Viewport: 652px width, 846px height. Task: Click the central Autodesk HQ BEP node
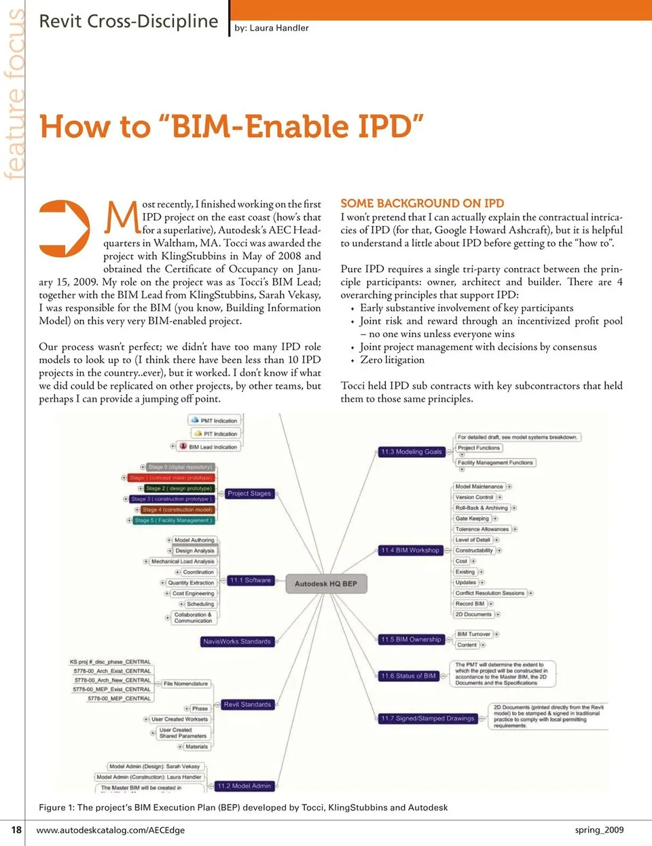pyautogui.click(x=325, y=583)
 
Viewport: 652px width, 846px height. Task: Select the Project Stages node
pyautogui.click(x=249, y=494)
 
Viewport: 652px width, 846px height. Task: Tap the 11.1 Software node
pyautogui.click(x=251, y=581)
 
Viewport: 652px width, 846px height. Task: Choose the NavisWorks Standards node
pyautogui.click(x=236, y=641)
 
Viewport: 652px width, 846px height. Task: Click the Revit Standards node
pyautogui.click(x=247, y=705)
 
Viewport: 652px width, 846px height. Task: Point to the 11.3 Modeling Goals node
pyautogui.click(x=411, y=452)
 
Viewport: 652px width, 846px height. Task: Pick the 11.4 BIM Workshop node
pyautogui.click(x=410, y=550)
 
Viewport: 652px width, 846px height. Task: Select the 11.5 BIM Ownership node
pyautogui.click(x=411, y=639)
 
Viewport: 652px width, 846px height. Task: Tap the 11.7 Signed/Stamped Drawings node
pyautogui.click(x=427, y=718)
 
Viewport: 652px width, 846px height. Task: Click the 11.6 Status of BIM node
pyautogui.click(x=408, y=676)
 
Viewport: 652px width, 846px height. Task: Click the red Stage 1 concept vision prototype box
pyautogui.click(x=170, y=478)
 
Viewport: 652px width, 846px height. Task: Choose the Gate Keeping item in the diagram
pyautogui.click(x=472, y=518)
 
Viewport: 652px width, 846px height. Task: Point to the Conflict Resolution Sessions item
pyautogui.click(x=490, y=593)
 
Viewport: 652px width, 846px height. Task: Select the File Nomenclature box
pyautogui.click(x=185, y=684)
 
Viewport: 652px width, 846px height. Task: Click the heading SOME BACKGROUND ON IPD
pyautogui.click(x=422, y=204)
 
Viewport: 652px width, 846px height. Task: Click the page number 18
pyautogui.click(x=16, y=830)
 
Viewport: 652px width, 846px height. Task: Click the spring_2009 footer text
pyautogui.click(x=599, y=830)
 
